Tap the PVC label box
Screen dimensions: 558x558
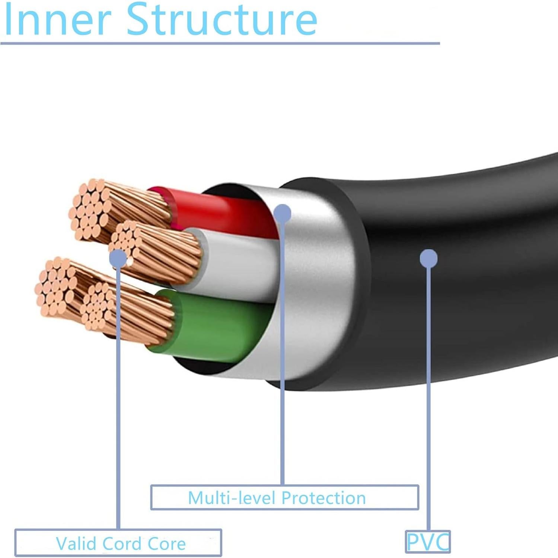tap(428, 542)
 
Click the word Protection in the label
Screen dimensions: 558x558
tap(323, 498)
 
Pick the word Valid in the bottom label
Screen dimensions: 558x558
tap(76, 543)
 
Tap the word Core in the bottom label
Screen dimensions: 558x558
tap(167, 543)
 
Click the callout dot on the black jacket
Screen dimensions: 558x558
tap(428, 258)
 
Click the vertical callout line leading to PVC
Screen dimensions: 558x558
tap(429, 391)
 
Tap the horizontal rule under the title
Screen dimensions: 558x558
tap(220, 44)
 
